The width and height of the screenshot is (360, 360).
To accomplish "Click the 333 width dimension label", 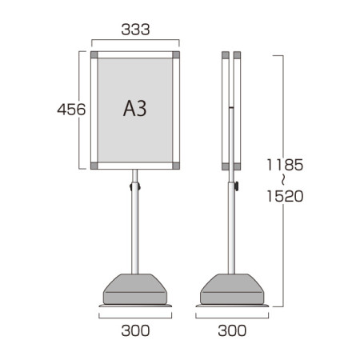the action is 135,30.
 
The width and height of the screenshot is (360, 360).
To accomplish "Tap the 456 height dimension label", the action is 71,110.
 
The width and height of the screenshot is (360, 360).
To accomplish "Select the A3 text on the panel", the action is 135,109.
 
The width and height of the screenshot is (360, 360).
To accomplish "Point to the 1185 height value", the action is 285,165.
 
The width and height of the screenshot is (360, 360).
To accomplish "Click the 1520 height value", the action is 285,196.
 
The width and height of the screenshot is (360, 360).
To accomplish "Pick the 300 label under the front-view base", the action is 135,330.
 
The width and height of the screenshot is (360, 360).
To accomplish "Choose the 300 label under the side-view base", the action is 232,330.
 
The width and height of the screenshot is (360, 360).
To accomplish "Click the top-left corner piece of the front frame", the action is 94,55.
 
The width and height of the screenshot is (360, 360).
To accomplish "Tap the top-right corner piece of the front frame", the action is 176,55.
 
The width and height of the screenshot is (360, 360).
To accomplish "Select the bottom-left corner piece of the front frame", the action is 94,166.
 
